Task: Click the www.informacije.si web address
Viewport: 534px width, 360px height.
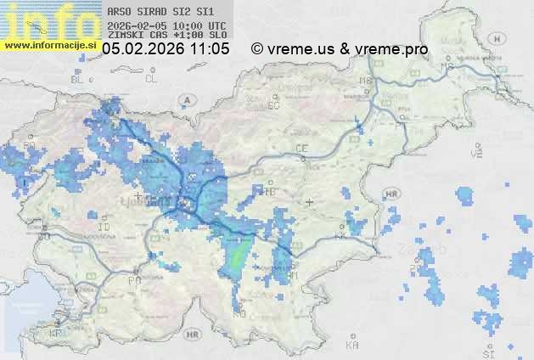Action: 48,45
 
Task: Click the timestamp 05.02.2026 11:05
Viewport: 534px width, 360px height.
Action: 166,49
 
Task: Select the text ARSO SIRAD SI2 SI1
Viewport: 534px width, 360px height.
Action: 150,12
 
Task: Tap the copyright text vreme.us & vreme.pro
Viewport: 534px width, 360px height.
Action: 340,49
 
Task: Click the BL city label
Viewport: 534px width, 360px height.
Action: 79,79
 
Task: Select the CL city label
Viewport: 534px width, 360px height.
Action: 151,79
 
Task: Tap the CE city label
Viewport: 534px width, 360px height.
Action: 301,148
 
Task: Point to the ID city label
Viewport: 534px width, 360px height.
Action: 104,228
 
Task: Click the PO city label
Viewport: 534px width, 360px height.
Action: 133,279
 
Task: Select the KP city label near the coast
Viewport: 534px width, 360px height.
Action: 56,334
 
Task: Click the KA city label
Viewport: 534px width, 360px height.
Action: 352,346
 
